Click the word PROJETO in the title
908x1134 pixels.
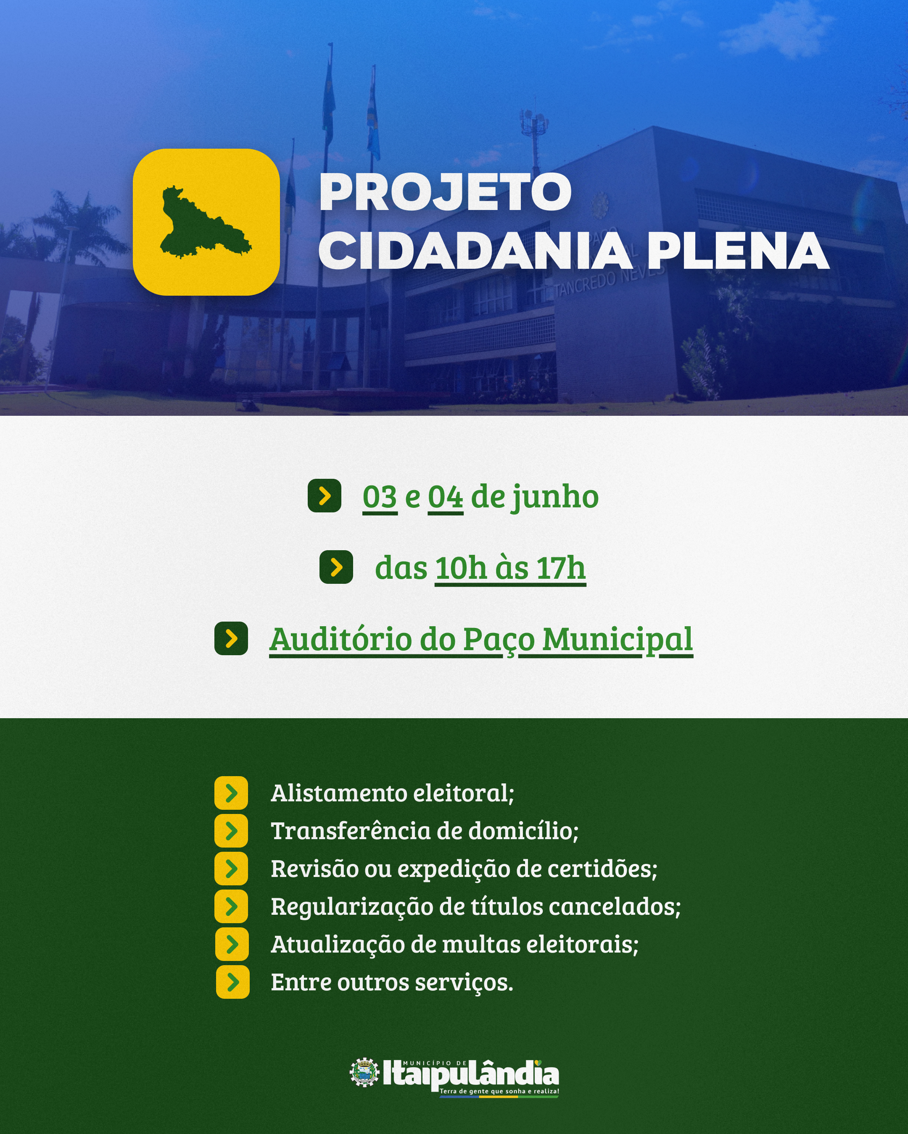point(445,192)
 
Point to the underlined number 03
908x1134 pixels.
point(380,497)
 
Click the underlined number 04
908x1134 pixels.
point(445,497)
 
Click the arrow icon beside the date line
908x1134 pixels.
point(324,496)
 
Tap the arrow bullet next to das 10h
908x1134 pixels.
point(336,567)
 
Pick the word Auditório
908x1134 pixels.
point(340,640)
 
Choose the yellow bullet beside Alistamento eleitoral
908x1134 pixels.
point(231,793)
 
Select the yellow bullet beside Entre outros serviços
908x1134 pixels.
point(232,982)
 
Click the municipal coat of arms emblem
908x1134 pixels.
point(364,1072)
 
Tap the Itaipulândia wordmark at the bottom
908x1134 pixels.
point(470,1074)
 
